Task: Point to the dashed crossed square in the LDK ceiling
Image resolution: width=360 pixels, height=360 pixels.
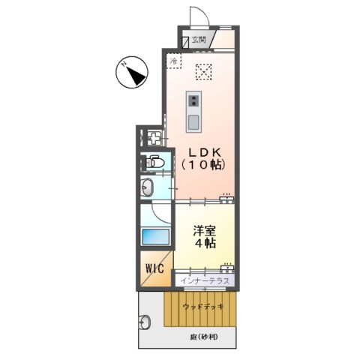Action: point(202,72)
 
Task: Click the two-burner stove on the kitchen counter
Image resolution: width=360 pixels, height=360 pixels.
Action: point(194,101)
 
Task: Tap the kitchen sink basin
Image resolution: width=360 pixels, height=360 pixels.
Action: point(194,121)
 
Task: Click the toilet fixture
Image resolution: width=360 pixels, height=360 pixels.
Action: point(154,161)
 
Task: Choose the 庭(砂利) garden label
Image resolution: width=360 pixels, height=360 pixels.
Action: point(202,337)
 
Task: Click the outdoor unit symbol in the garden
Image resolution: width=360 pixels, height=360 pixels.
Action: point(145,322)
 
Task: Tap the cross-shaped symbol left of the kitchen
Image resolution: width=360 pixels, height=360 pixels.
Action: point(154,139)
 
